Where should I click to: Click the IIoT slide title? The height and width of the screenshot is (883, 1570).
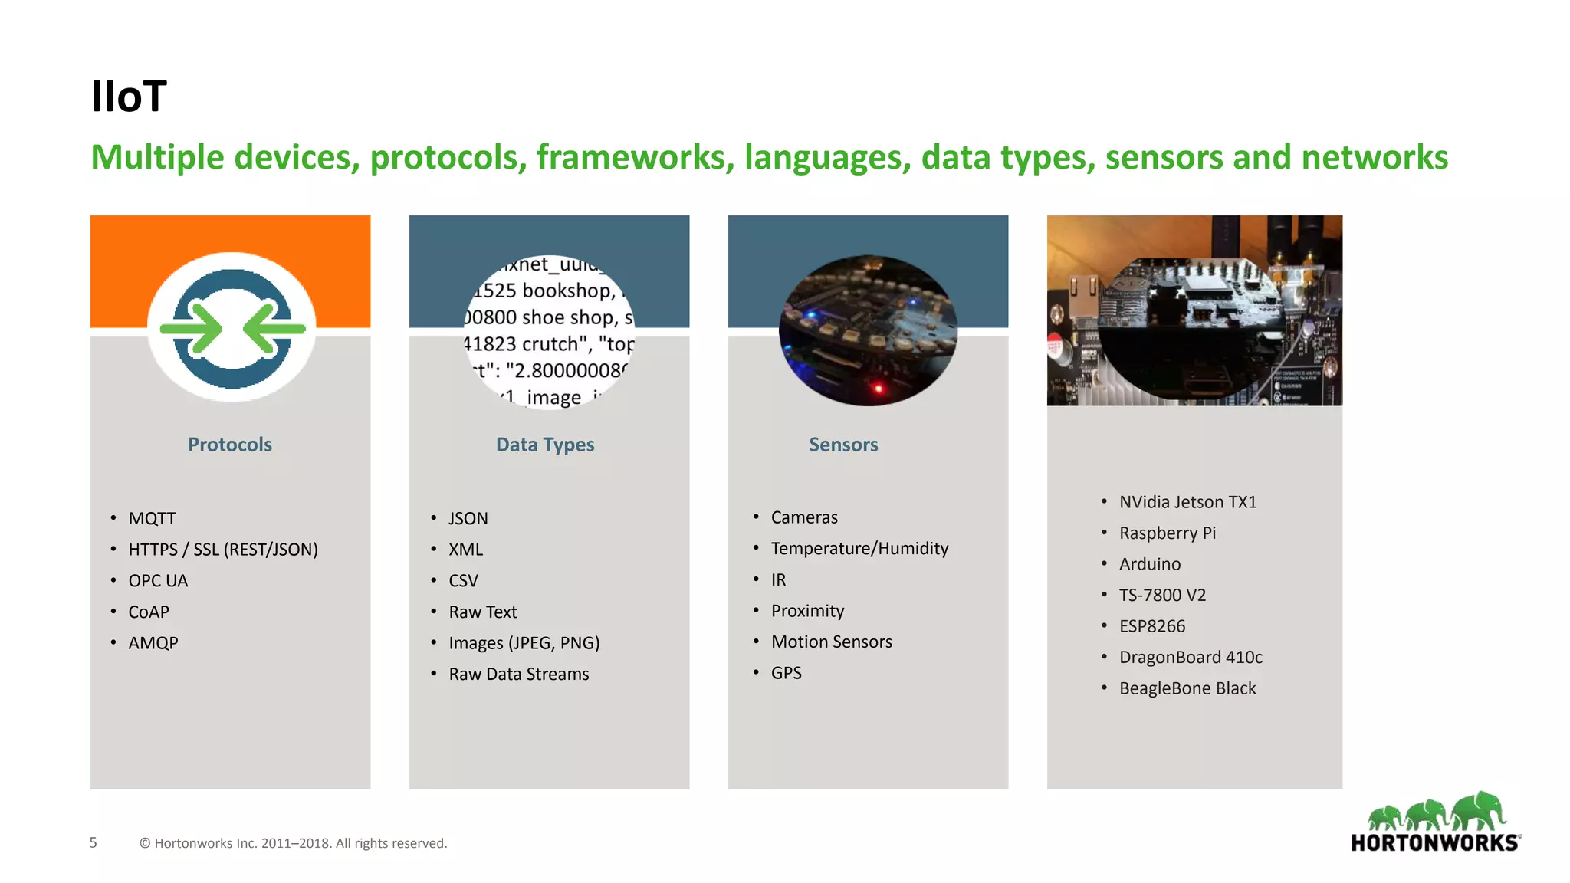pos(128,97)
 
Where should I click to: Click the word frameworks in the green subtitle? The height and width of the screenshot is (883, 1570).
pos(631,157)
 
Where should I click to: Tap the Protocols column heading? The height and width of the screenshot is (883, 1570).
pos(230,445)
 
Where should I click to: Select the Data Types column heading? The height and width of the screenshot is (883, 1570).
pos(545,445)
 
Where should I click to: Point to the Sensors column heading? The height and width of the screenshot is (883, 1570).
pos(843,445)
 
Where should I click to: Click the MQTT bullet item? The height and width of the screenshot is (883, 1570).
pos(152,518)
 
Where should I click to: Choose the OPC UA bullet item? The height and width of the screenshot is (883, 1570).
pos(158,581)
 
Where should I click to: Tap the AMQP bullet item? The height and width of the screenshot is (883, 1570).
pos(153,643)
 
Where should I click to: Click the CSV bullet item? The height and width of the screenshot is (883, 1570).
pos(463,581)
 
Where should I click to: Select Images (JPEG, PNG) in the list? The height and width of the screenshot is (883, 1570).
pos(524,643)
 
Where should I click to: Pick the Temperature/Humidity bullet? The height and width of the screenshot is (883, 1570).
pos(859,548)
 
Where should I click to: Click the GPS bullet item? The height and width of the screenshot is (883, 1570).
pos(786,673)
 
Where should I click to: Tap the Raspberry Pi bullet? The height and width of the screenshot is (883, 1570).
pos(1167,533)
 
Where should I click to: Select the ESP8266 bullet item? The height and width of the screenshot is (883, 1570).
pos(1151,626)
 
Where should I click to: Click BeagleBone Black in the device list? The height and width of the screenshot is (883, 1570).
pos(1187,688)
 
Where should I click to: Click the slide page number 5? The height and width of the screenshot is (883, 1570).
pos(94,842)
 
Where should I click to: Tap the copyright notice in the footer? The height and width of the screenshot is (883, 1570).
pos(293,843)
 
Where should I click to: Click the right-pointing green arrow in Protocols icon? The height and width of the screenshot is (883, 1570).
pos(192,329)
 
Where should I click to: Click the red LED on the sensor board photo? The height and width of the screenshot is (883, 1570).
pos(879,389)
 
